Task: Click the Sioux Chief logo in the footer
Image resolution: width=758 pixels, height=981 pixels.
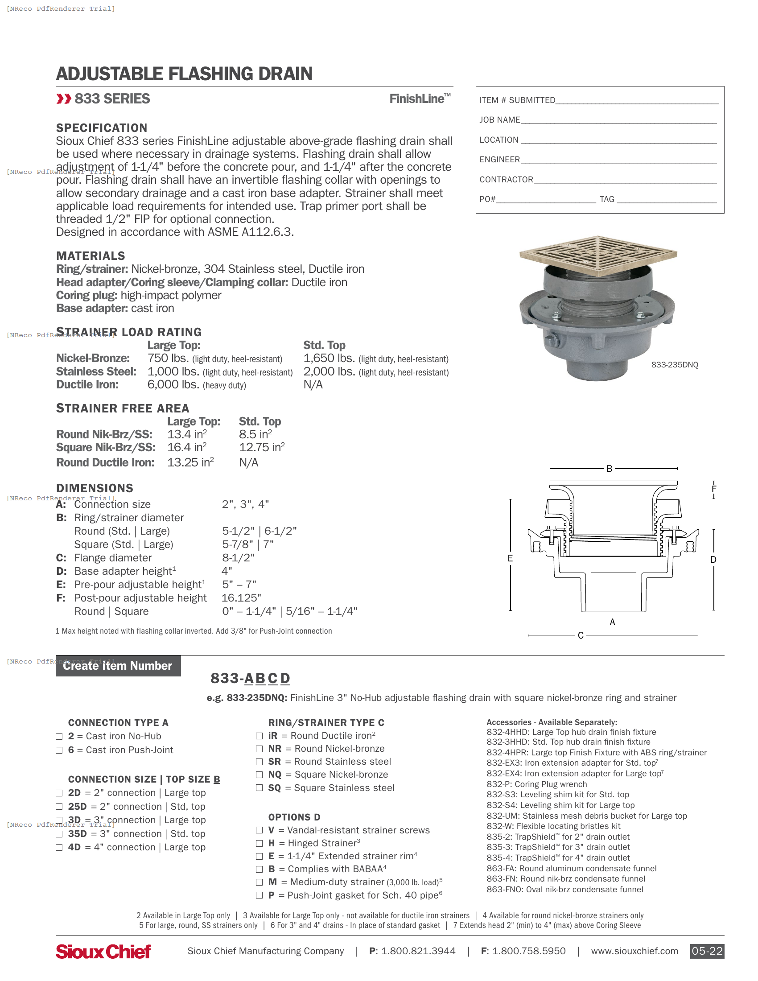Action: [x=103, y=951]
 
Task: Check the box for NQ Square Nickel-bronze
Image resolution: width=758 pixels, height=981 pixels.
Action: [x=259, y=775]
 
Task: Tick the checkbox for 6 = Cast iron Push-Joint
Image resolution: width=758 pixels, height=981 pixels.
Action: [x=59, y=750]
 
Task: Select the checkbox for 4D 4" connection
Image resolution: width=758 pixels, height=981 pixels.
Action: [x=59, y=847]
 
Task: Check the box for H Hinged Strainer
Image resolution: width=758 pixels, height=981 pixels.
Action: [x=259, y=843]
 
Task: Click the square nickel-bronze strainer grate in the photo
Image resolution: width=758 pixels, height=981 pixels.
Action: [x=597, y=254]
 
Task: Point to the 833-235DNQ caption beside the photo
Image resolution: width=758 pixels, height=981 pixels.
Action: [x=675, y=365]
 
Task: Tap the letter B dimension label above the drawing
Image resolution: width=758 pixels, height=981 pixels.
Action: [x=610, y=469]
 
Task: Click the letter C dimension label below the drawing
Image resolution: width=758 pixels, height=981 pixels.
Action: [x=581, y=635]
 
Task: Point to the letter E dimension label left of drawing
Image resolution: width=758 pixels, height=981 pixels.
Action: [x=510, y=558]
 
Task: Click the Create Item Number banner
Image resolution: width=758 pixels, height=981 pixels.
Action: [x=118, y=666]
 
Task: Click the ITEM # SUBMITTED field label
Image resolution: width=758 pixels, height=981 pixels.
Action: [x=517, y=100]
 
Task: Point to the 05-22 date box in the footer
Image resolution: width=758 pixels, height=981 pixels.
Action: [x=707, y=951]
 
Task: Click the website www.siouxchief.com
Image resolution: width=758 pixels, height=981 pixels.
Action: [x=634, y=951]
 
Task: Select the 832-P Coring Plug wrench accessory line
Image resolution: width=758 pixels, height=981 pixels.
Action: [x=536, y=784]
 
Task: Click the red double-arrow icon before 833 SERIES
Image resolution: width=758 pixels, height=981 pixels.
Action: [x=64, y=99]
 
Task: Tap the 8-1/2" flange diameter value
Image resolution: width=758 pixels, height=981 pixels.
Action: [x=238, y=558]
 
